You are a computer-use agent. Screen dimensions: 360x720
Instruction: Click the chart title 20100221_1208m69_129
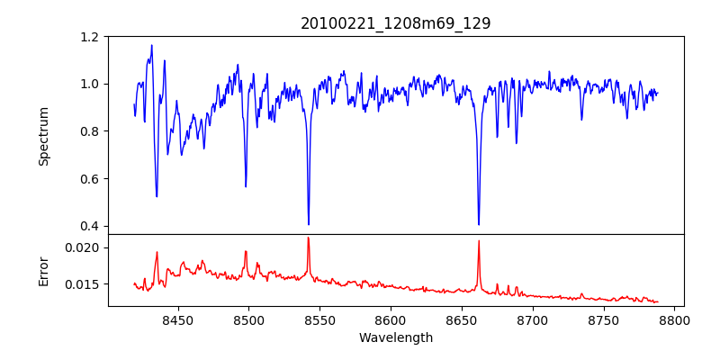tap(396, 23)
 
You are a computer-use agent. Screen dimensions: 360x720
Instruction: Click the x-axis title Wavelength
tap(396, 337)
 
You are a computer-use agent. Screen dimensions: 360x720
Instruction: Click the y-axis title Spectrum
tap(44, 136)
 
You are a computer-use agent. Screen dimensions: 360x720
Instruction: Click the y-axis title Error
tap(44, 270)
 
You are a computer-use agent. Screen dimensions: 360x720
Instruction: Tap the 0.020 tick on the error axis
tap(85, 247)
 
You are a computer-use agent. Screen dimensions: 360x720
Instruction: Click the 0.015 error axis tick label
tap(85, 284)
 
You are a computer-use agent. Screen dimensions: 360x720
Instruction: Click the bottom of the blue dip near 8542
tap(309, 224)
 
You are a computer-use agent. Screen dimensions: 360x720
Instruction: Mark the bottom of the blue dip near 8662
tap(479, 224)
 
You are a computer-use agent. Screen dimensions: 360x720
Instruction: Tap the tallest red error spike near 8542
tap(308, 238)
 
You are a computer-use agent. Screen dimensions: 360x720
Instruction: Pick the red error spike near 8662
tap(479, 241)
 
